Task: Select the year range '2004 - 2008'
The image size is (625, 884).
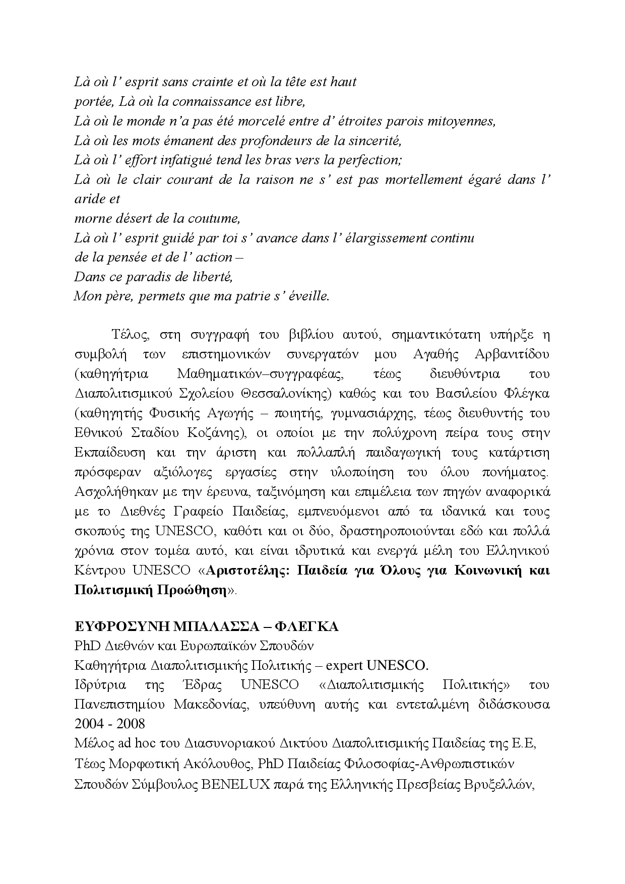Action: (109, 724)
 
